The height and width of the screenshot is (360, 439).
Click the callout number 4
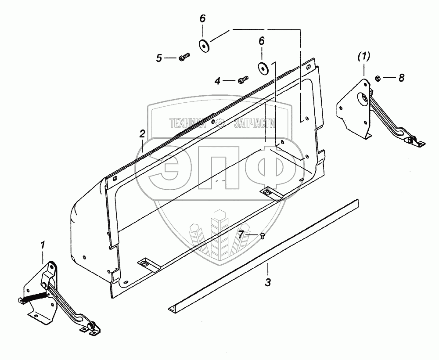tap(217, 81)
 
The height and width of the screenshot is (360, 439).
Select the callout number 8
tap(401, 78)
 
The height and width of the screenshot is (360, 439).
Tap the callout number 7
tap(241, 235)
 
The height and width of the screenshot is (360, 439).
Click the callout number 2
tap(142, 134)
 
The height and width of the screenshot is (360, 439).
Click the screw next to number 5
tap(184, 56)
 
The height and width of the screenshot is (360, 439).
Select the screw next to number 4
tap(243, 80)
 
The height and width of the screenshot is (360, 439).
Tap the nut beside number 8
tap(378, 78)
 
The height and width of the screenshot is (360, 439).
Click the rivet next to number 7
tap(262, 236)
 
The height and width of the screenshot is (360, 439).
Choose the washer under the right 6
tap(262, 68)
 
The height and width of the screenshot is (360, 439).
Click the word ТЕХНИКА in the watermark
tap(187, 124)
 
